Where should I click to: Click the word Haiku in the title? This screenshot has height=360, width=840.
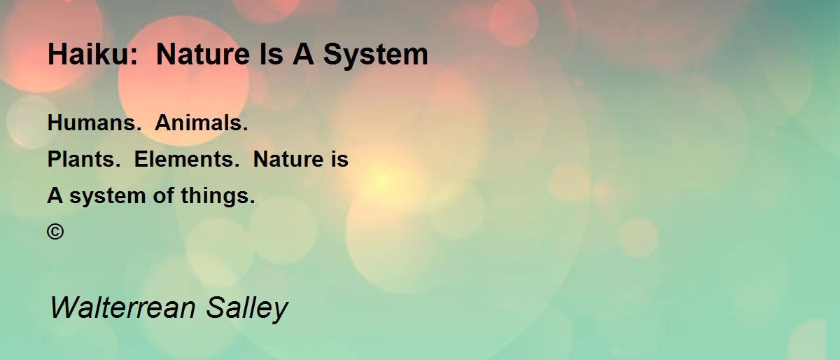point(90,54)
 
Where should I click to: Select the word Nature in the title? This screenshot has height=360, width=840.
point(203,54)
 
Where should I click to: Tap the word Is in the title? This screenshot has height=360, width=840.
point(271,54)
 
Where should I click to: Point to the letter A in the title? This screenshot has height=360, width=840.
point(303,54)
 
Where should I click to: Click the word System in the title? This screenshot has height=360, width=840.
point(375,57)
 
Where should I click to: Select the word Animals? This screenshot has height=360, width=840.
point(198,123)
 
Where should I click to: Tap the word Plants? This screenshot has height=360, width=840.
point(81,159)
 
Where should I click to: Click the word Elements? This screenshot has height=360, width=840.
point(183,159)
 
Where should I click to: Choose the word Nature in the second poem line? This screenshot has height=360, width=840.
point(288,159)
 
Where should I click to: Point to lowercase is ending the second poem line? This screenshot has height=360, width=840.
point(339,159)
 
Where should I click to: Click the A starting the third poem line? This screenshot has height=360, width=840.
point(55,195)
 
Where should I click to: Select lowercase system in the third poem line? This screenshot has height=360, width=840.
point(108,198)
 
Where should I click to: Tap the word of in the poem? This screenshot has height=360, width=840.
point(164,195)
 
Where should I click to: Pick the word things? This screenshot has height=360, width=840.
point(214,197)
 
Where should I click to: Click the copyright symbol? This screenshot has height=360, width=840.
point(55,232)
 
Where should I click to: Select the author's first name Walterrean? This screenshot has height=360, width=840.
point(122,307)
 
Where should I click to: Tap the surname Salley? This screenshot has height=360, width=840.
point(247,310)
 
